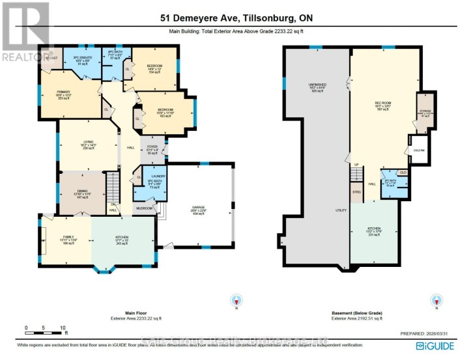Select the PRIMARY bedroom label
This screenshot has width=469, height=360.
pos(53,92)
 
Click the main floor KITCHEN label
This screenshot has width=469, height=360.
pos(122,237)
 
